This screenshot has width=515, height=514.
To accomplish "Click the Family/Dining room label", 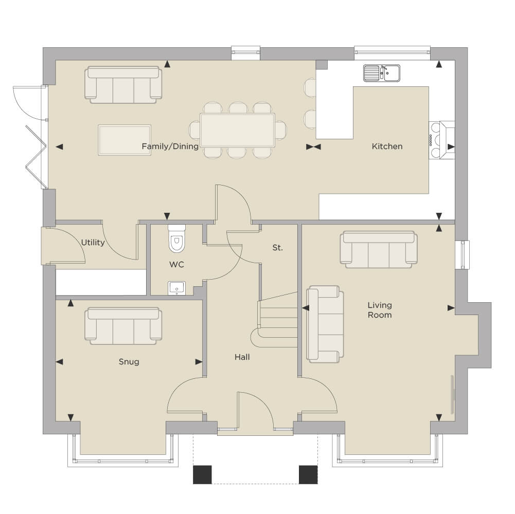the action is [170, 146].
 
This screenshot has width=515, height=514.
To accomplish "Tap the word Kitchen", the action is [387, 146].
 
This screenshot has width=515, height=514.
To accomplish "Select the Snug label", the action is [129, 362].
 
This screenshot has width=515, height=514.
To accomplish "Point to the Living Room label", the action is [380, 310].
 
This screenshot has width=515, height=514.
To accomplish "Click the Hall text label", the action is [242, 357].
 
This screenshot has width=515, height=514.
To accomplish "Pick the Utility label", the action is [93, 243].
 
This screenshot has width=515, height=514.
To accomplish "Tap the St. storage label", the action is [277, 248].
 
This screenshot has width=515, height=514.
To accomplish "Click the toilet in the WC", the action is [176, 238].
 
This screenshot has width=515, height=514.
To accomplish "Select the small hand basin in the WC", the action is [176, 288].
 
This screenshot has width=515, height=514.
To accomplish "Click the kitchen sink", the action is [382, 73].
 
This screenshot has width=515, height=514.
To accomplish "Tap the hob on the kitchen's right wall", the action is [436, 140].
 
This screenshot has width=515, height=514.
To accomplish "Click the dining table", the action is [238, 130].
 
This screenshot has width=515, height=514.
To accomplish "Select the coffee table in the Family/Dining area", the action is [125, 140].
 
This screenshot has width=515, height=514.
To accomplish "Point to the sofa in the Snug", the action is [123, 326].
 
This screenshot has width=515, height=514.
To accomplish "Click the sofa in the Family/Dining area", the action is [123, 85].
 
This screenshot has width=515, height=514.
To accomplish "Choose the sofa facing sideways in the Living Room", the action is [325, 324].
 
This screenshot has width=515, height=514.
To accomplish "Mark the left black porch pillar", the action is [202, 474].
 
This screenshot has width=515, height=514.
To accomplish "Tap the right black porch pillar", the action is [308, 474].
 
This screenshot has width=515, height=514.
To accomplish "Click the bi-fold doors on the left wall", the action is [36, 157].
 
